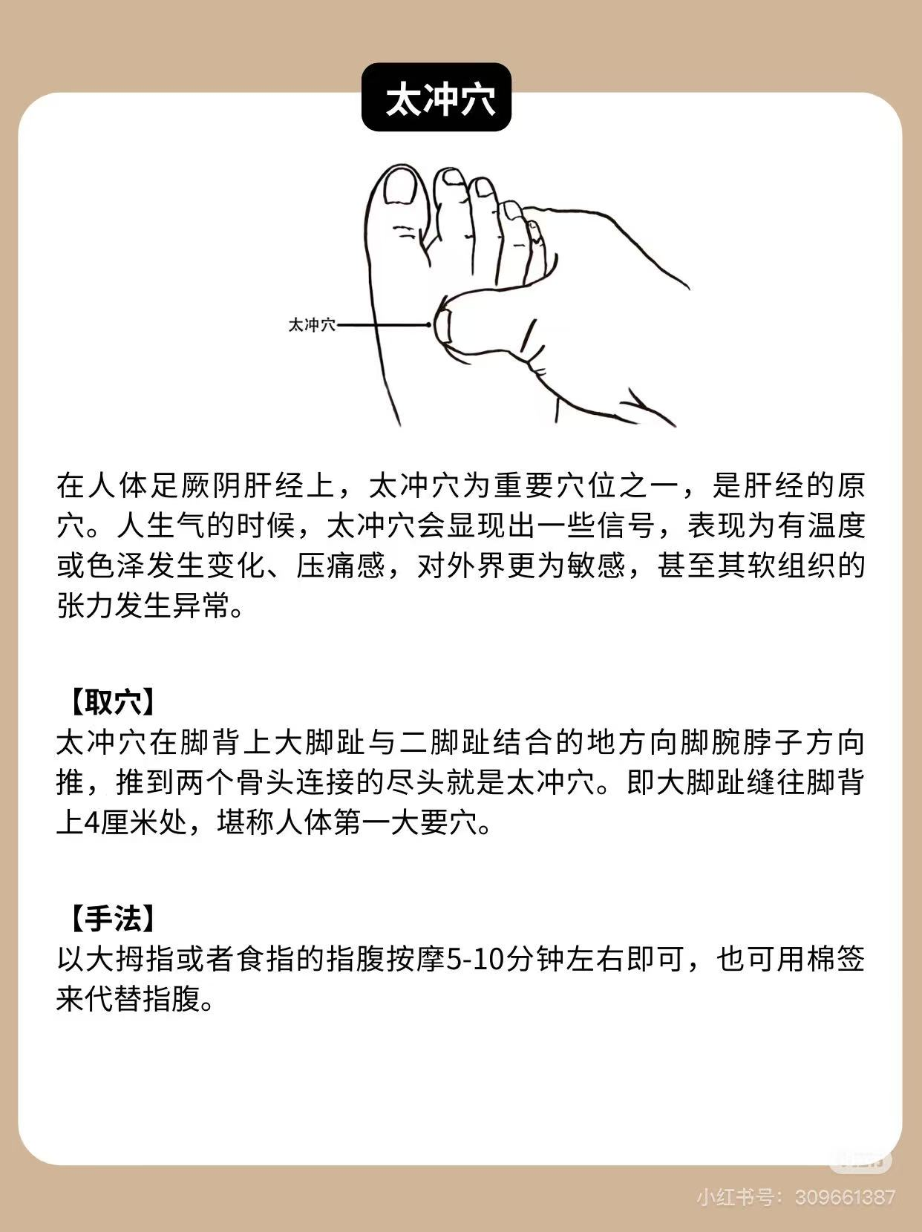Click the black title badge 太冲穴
(436, 97)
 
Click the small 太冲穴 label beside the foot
(312, 325)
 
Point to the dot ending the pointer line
(429, 325)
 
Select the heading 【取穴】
(112, 701)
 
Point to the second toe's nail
(453, 177)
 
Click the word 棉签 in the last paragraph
(836, 959)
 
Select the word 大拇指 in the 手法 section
(130, 959)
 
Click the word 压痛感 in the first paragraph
(341, 566)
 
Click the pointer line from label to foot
(382, 325)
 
